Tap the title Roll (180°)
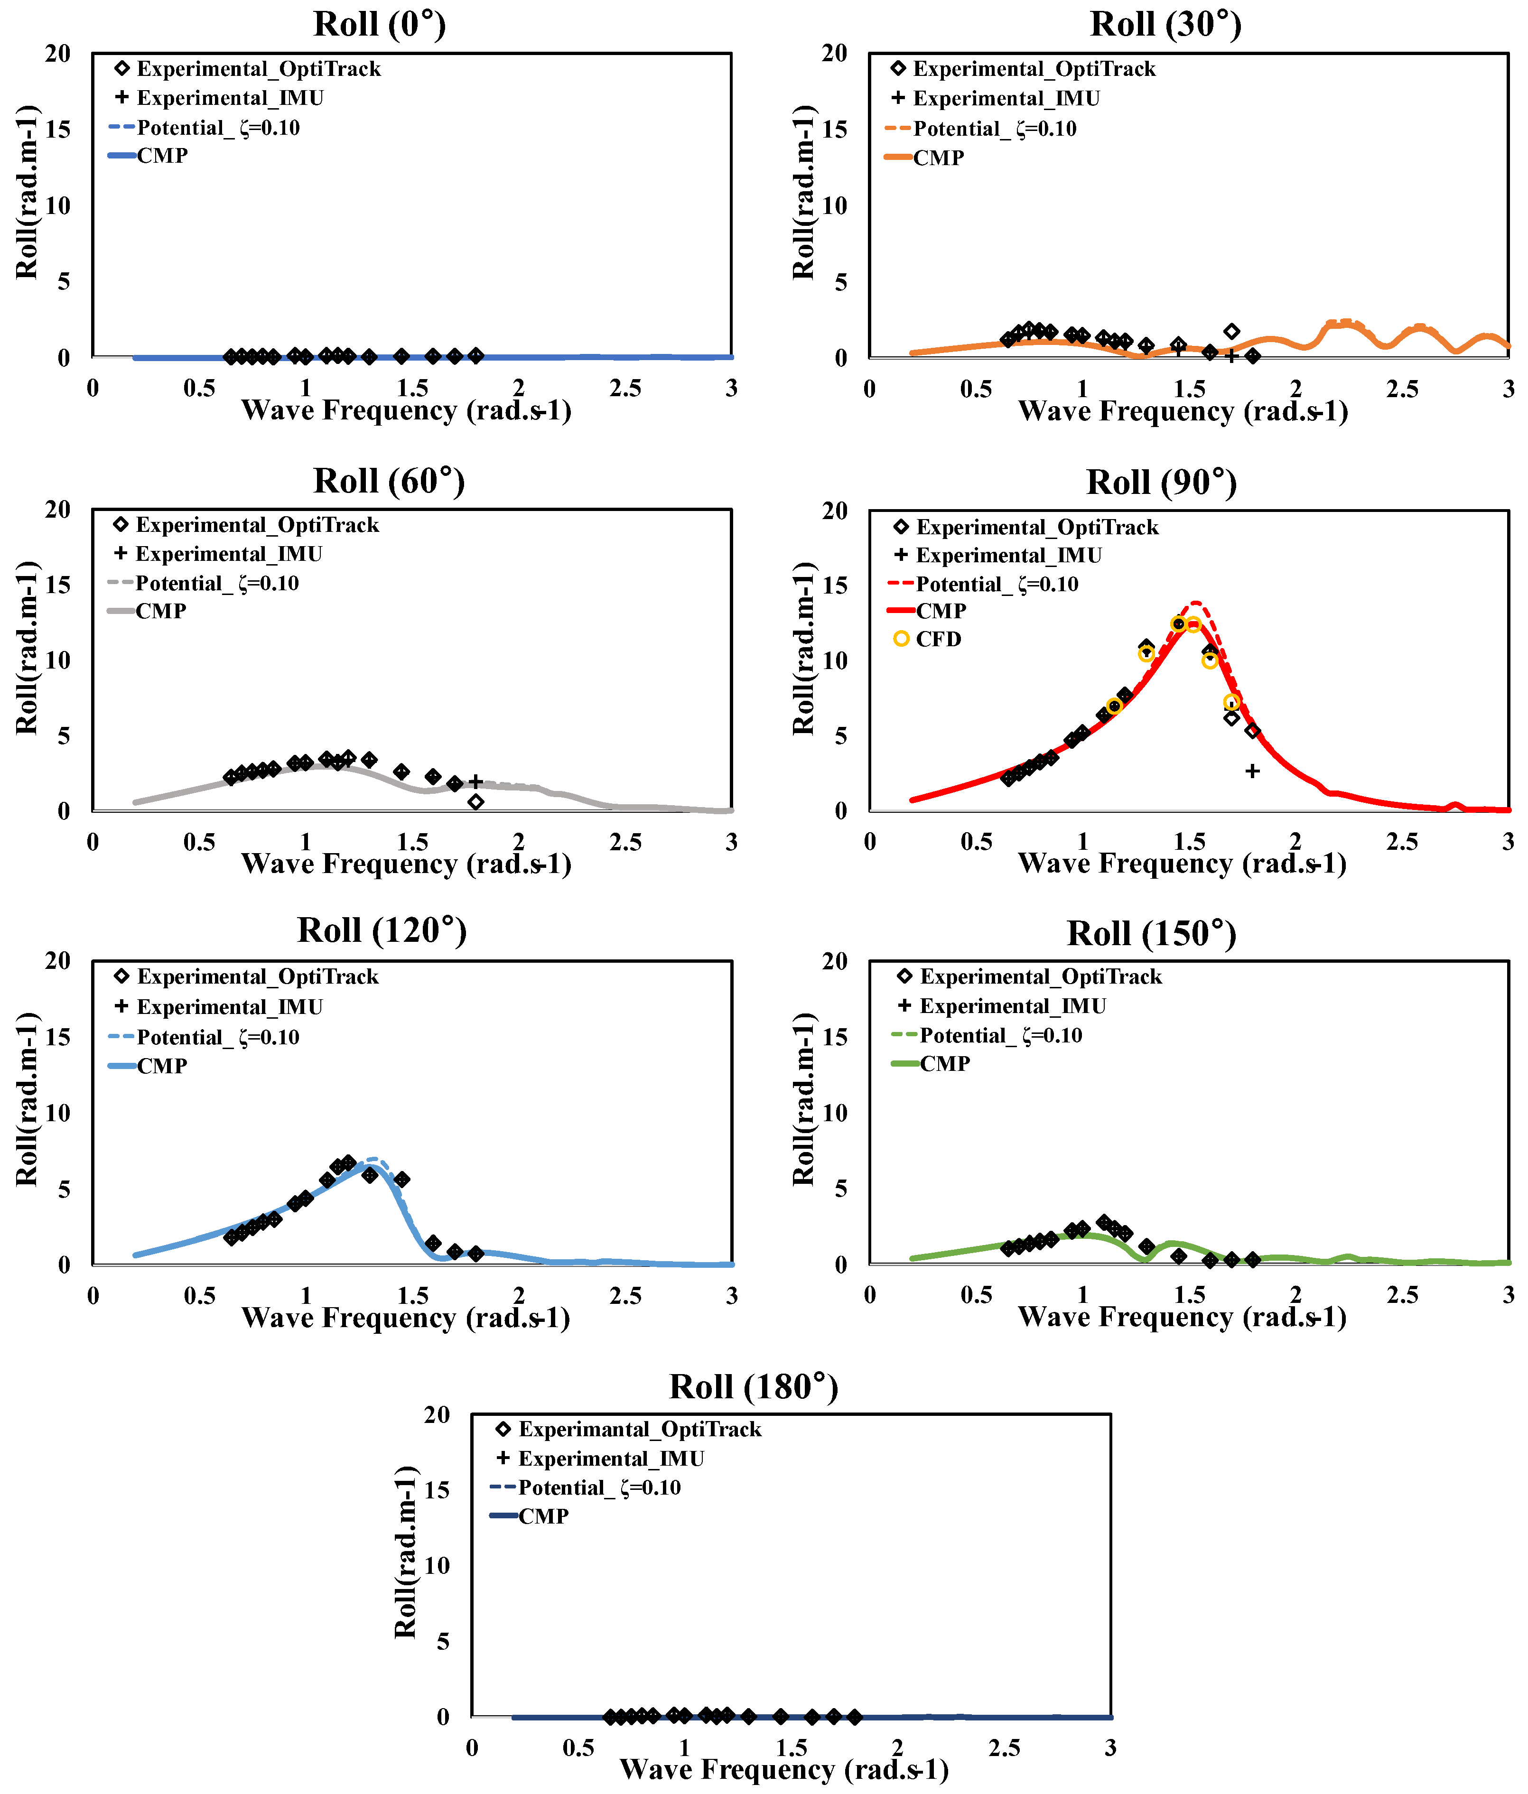point(753,1386)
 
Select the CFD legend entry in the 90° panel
point(938,639)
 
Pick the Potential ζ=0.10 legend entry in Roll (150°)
point(1000,1035)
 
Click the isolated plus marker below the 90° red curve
point(1252,771)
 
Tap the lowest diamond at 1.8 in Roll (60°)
point(475,802)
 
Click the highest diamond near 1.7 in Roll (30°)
point(1231,332)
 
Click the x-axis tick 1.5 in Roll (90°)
point(1189,842)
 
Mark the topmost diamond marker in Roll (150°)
point(1103,1223)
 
